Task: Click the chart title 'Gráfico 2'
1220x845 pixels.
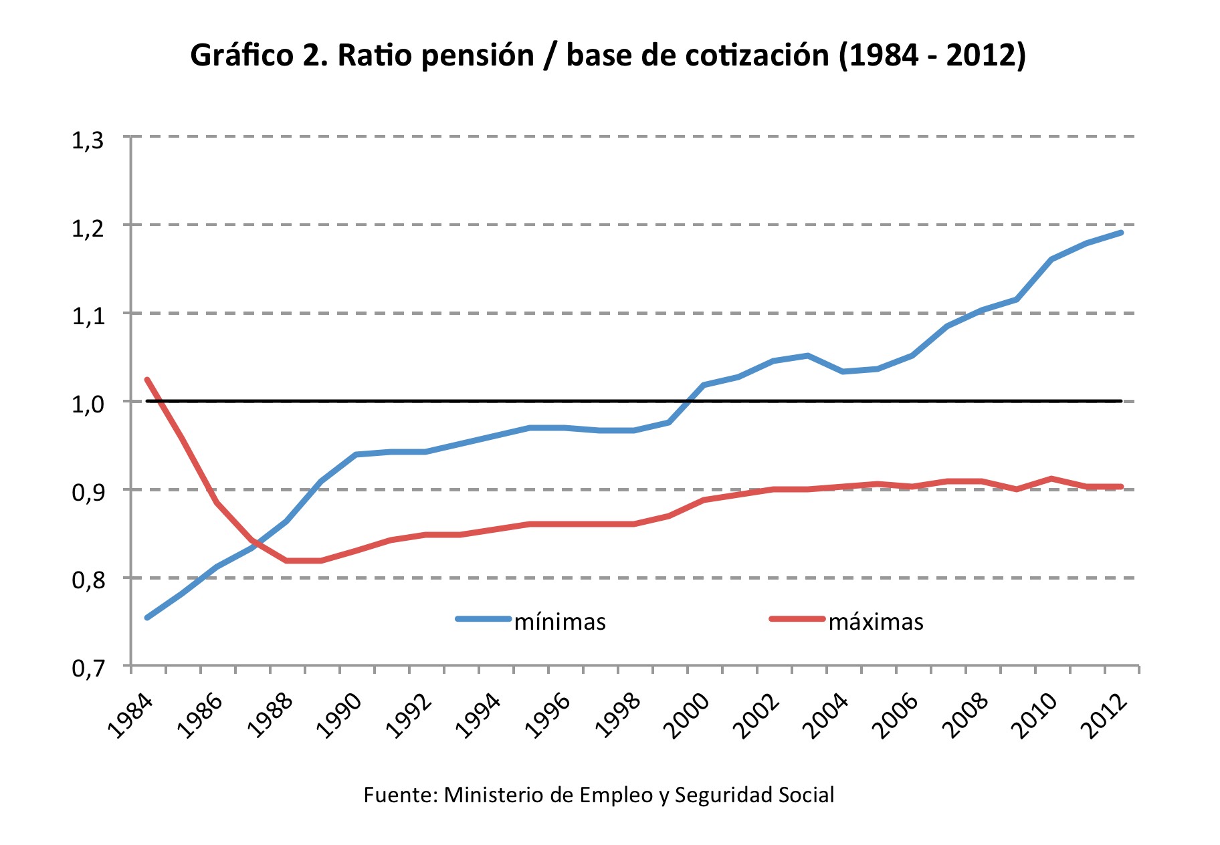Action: pyautogui.click(x=607, y=55)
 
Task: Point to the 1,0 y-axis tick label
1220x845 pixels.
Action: pyautogui.click(x=88, y=404)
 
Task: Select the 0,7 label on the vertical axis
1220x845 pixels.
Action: pyautogui.click(x=88, y=668)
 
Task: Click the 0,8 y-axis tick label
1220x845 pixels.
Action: pyautogui.click(x=88, y=580)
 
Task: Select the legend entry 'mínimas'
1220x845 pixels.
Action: pyautogui.click(x=560, y=622)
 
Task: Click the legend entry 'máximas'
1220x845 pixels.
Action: pyautogui.click(x=876, y=622)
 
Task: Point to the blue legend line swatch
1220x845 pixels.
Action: pyautogui.click(x=483, y=619)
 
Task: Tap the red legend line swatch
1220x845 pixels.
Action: pyautogui.click(x=797, y=619)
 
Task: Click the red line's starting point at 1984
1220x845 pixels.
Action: pyautogui.click(x=147, y=380)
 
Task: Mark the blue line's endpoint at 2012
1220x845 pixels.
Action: pyautogui.click(x=1121, y=233)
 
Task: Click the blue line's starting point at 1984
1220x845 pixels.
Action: pyautogui.click(x=147, y=617)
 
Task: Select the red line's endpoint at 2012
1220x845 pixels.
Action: pyautogui.click(x=1121, y=487)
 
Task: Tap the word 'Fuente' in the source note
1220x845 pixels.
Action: pyautogui.click(x=400, y=795)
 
